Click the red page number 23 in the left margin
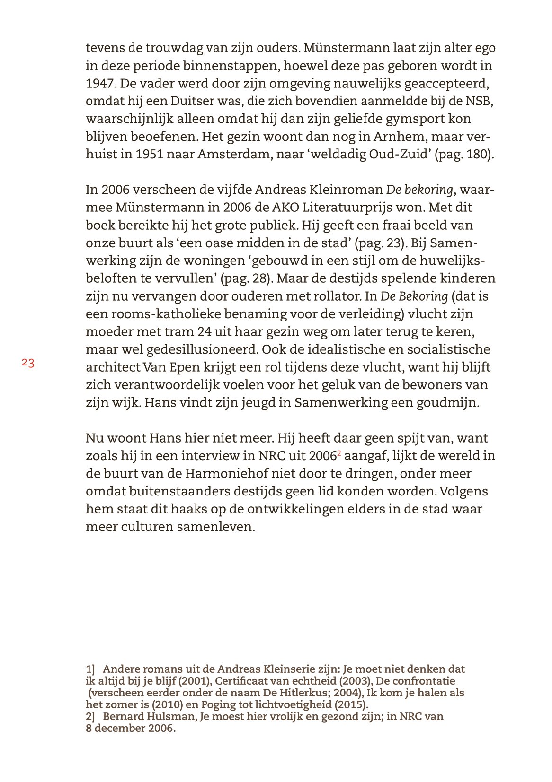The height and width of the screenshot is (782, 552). pos(28,363)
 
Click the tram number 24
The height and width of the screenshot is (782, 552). pos(204,332)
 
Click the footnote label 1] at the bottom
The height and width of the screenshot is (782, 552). pos(90,669)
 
